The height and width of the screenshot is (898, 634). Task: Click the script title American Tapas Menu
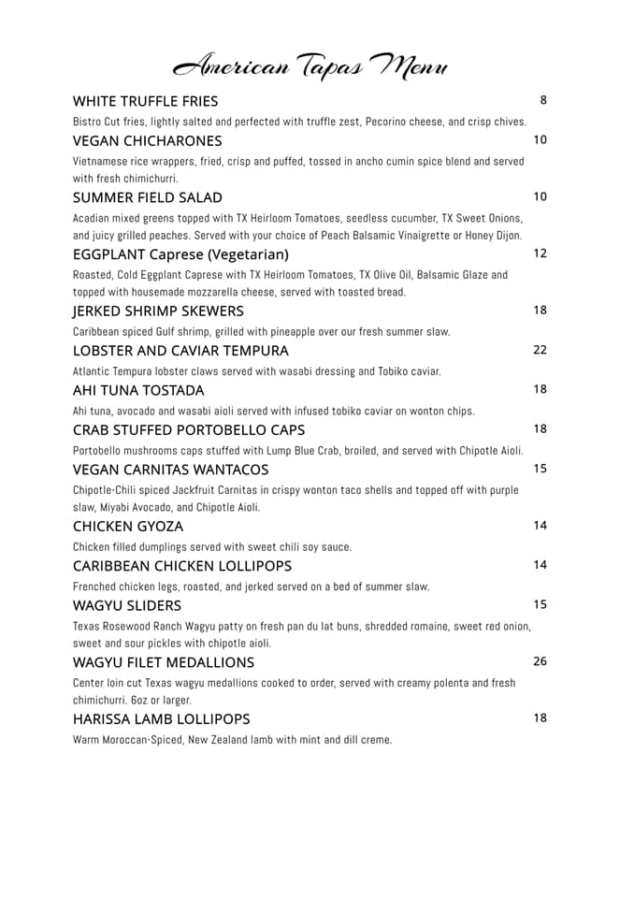[310, 66]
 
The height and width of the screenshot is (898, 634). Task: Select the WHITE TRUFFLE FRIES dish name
[145, 101]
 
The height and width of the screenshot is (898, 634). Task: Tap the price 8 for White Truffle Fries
[543, 100]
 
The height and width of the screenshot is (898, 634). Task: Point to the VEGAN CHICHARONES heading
[147, 140]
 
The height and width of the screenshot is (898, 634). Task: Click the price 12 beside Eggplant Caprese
[540, 253]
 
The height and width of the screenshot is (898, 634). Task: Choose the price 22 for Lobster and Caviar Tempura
[540, 350]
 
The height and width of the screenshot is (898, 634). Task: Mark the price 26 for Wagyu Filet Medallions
[540, 661]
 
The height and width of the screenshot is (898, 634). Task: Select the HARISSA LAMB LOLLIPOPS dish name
[161, 718]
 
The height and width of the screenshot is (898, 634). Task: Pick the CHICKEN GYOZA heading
[127, 526]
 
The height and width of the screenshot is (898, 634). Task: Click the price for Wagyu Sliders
[540, 604]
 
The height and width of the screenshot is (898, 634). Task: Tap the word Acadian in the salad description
[93, 218]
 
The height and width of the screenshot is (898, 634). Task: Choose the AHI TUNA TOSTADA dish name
[137, 390]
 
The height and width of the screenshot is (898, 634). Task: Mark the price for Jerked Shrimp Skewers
[540, 310]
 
